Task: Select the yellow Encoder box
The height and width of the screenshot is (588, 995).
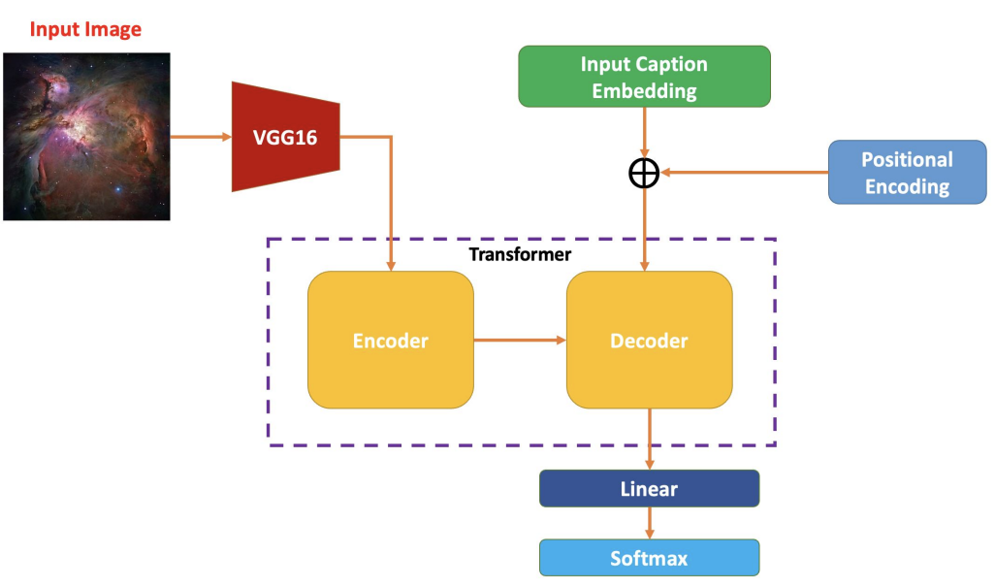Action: coord(390,341)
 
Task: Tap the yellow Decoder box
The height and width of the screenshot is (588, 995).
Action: coord(649,341)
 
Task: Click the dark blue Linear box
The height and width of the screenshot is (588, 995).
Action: coord(649,489)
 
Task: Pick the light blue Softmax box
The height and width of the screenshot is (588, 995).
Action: coord(649,558)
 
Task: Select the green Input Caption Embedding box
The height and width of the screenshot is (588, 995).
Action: coord(644,77)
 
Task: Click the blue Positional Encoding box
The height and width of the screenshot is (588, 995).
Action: coord(907,173)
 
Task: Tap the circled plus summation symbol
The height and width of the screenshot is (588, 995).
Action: coord(644,174)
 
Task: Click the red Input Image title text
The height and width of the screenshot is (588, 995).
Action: coord(85,29)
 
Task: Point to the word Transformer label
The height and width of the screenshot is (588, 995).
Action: coord(520,254)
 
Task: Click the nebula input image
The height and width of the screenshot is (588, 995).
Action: coord(86,137)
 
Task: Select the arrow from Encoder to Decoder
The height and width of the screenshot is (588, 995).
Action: coord(520,340)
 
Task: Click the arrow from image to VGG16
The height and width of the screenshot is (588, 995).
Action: coord(201,137)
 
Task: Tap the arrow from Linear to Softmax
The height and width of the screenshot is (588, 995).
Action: coord(649,523)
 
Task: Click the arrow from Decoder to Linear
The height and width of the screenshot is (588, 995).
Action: coord(649,439)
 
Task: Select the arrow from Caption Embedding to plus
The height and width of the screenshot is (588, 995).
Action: coord(644,131)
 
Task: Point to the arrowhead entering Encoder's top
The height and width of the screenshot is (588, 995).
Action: coord(391,265)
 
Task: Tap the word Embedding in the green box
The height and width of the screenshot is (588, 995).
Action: coord(644,91)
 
